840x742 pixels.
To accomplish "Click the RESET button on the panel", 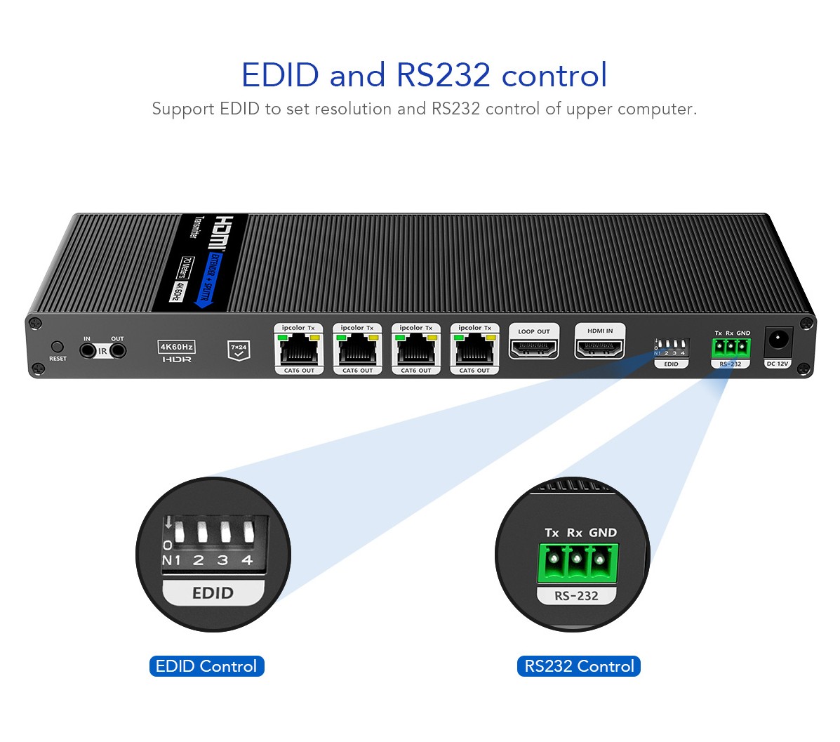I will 58,347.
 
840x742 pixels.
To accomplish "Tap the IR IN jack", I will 88,350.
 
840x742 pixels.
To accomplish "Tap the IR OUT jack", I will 118,350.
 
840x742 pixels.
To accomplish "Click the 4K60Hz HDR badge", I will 177,351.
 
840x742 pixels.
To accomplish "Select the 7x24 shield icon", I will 239,350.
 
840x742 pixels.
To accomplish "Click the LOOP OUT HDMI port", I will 534,347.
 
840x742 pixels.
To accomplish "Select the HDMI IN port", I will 599,347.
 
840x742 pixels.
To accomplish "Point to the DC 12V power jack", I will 778,340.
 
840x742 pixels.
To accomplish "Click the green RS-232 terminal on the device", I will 730,347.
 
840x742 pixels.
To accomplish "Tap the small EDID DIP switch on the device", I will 672,347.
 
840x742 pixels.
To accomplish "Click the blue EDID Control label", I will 206,666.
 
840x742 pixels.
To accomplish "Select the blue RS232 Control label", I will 579,666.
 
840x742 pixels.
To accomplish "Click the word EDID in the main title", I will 280,75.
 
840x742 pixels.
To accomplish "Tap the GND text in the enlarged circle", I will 602,533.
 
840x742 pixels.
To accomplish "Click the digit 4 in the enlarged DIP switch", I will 247,560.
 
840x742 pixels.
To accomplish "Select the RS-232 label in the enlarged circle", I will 576,596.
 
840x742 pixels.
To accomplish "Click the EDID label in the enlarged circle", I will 213,593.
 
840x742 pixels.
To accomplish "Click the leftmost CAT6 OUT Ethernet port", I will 299,347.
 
